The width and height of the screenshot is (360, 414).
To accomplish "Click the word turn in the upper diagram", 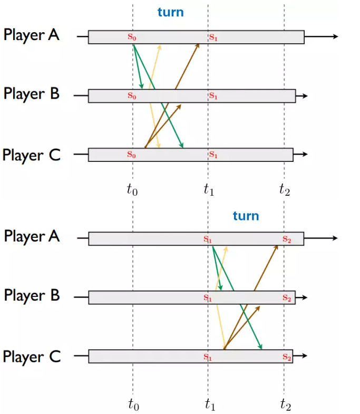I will click(x=171, y=12).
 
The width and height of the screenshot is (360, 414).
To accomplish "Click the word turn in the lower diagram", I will click(x=246, y=216).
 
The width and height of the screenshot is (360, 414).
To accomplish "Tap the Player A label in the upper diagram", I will click(x=31, y=35).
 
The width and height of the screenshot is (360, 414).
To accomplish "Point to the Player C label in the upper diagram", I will click(x=31, y=155).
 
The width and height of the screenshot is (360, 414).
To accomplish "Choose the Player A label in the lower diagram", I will click(x=31, y=236).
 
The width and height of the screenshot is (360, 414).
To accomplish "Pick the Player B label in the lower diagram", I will click(x=31, y=295).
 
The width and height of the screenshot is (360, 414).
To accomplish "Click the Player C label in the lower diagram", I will click(x=31, y=357).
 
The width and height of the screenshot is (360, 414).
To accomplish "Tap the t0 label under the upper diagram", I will click(x=132, y=190).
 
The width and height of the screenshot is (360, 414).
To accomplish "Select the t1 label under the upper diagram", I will click(x=209, y=190).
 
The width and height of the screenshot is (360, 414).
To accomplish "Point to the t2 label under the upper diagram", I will click(x=285, y=190).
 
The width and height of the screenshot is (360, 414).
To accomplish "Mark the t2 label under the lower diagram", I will click(x=285, y=405).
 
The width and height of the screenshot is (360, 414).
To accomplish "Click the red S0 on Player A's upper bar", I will click(x=132, y=37).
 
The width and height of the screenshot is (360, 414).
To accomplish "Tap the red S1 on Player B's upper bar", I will click(x=213, y=96).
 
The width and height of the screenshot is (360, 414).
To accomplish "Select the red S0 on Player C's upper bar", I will click(x=132, y=155).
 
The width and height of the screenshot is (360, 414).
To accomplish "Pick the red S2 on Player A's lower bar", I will click(x=286, y=239).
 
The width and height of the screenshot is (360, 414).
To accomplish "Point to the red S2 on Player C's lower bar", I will click(x=286, y=357).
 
